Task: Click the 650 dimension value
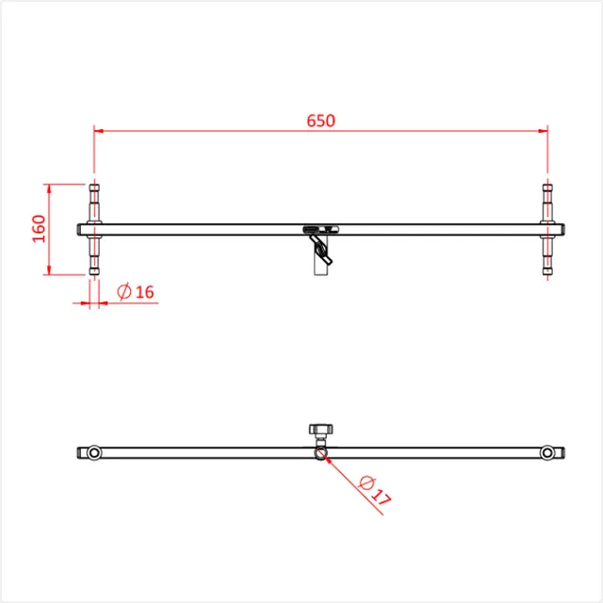pyautogui.click(x=320, y=121)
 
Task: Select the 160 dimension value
pyautogui.click(x=39, y=229)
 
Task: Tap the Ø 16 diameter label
pyautogui.click(x=136, y=292)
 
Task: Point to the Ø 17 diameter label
pyautogui.click(x=375, y=491)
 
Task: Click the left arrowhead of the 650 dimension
pyautogui.click(x=99, y=131)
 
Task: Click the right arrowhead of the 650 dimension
pyautogui.click(x=543, y=131)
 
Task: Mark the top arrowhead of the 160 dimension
pyautogui.click(x=49, y=189)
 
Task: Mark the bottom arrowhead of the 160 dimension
pyautogui.click(x=49, y=270)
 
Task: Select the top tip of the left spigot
pyautogui.click(x=94, y=185)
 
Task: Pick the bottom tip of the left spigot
pyautogui.click(x=94, y=274)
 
